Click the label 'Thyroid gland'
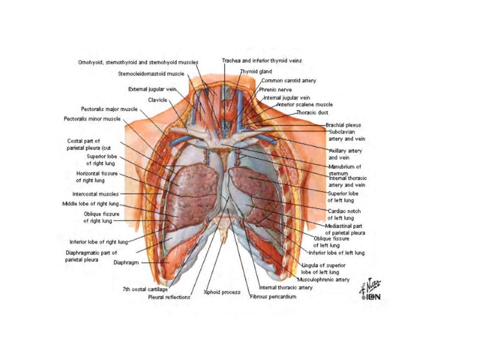point(256,71)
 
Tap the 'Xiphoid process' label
point(222,292)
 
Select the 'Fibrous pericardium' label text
point(272,296)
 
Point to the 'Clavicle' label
point(157,100)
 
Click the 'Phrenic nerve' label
point(275,89)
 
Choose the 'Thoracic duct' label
point(312,113)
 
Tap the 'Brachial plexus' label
point(343,125)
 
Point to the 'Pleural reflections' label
point(169,297)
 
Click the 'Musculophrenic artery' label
point(323,280)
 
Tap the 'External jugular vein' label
point(151,89)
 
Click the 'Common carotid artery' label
point(289,80)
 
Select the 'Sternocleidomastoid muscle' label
point(151,74)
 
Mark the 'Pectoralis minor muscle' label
point(92,119)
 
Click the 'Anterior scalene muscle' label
point(304,104)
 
